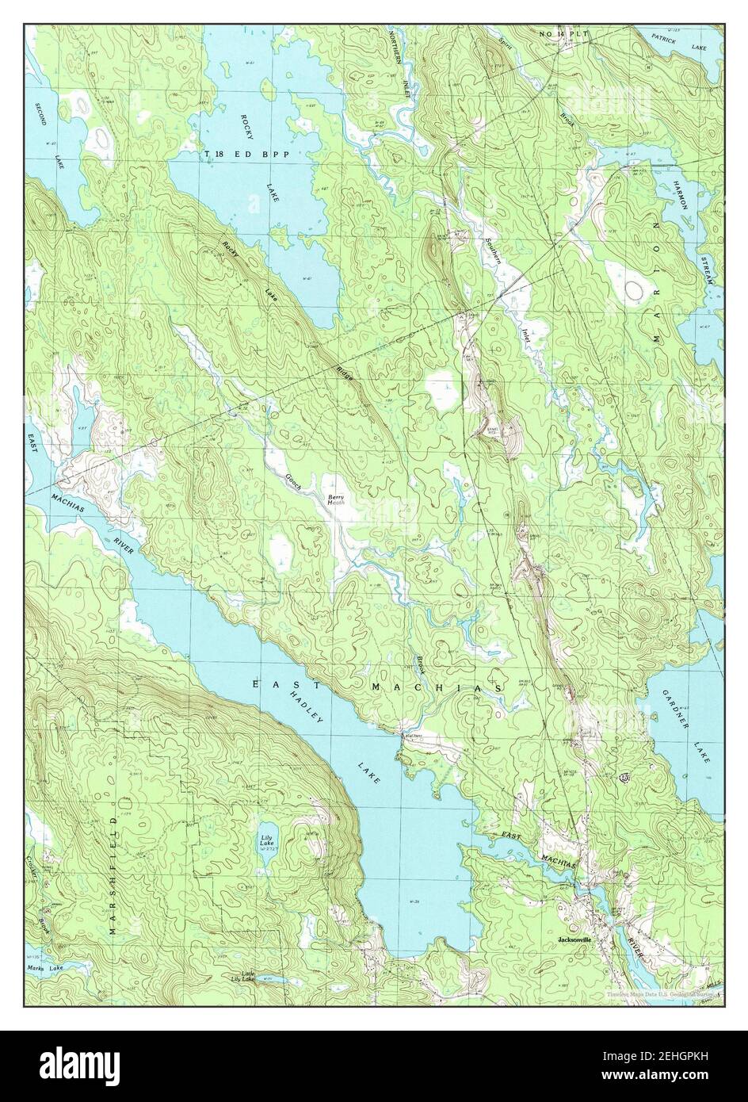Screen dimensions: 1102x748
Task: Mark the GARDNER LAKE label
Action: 686,726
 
